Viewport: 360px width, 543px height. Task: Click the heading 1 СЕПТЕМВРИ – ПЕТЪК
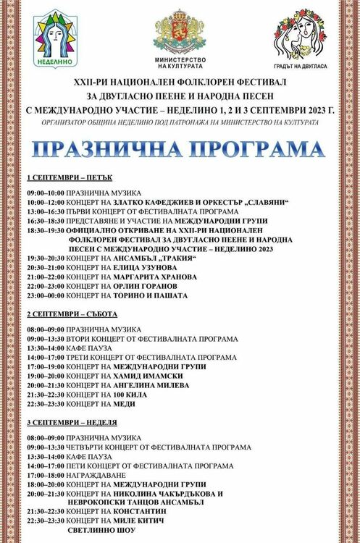69,177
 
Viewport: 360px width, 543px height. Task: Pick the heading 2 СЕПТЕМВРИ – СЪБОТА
72,313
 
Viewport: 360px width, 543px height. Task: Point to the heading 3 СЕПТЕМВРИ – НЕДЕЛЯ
72,421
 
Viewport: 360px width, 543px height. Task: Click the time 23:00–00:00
45,295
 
